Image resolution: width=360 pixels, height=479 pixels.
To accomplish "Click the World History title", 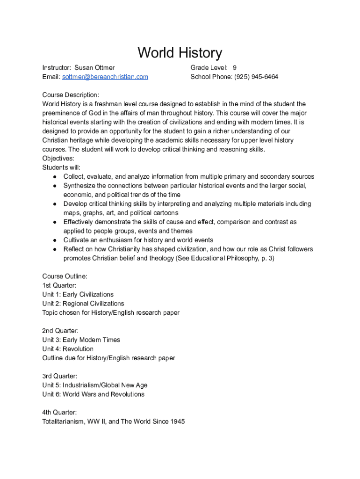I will tap(180, 53).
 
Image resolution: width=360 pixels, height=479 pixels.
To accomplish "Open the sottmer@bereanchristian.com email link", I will tap(105, 77).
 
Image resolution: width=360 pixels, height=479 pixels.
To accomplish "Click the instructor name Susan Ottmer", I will tap(94, 68).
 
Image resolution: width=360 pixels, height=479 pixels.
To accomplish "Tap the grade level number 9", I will tap(234, 68).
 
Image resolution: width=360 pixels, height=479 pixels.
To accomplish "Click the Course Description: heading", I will tap(71, 95).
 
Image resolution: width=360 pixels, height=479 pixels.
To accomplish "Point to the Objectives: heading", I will tap(58, 159).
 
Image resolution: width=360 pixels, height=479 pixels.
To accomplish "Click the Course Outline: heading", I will tap(65, 276).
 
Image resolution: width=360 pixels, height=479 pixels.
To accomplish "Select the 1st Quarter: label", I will tap(59, 285).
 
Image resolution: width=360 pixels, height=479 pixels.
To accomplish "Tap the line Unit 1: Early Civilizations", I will tap(78, 295).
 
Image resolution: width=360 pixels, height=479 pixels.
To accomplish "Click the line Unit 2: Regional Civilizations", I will tap(83, 304).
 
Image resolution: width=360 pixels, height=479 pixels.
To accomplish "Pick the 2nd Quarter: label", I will tap(60, 331).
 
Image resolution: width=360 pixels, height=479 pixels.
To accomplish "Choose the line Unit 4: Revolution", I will tap(68, 349).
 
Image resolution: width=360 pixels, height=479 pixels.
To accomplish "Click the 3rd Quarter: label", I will tap(60, 376).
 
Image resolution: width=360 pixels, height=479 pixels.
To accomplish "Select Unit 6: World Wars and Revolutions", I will tap(94, 394).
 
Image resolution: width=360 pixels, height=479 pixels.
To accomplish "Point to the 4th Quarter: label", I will tap(60, 413).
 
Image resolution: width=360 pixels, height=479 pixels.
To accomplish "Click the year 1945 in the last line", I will tap(177, 421).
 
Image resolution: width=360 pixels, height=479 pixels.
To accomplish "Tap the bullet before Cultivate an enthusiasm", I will tap(55, 240).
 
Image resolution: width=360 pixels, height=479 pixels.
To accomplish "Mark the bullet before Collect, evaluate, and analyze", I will tap(55, 177).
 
